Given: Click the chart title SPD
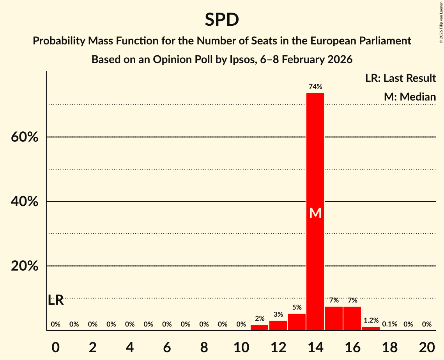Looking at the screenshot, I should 222,19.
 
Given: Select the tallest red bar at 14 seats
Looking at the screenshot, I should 315,156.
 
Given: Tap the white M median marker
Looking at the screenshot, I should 315,213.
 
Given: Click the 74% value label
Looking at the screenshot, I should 315,86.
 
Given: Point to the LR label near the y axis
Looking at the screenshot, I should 56,300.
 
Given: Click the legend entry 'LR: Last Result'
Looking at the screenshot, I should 400,78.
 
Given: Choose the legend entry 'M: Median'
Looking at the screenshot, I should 410,97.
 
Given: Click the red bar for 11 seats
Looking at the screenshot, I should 259,327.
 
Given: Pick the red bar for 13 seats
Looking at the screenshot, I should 297,322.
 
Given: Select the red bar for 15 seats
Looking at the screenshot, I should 334,318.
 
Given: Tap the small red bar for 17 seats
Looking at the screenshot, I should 371,328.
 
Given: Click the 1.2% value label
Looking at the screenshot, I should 371,320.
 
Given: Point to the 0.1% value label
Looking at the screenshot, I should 389,324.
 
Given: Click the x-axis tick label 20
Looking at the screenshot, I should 426,347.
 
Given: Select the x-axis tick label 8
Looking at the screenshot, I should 204,347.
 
